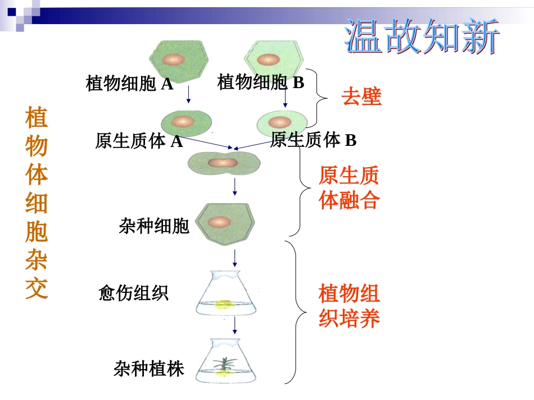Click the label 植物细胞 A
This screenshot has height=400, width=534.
[x=129, y=84]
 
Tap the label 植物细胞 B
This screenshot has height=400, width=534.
[x=260, y=82]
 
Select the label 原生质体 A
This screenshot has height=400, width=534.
[x=139, y=141]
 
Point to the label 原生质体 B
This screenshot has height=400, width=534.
[x=313, y=140]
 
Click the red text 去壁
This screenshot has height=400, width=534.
[x=361, y=98]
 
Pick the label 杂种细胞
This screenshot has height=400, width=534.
[x=153, y=226]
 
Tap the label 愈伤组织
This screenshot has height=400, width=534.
[x=133, y=293]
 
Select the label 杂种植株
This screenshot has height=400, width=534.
[x=148, y=369]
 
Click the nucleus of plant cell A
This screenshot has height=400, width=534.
[x=174, y=59]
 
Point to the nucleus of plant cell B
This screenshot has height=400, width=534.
[x=268, y=59]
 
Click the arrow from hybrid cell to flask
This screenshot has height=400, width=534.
[x=235, y=258]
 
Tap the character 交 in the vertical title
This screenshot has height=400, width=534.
[x=37, y=288]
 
